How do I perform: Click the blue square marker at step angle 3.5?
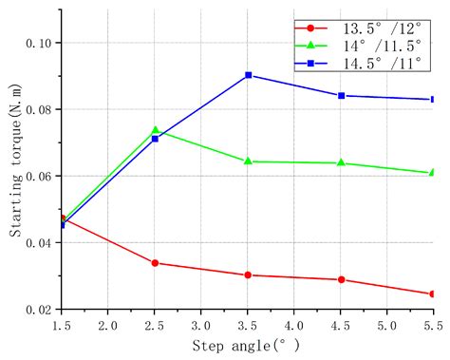pos(248,75)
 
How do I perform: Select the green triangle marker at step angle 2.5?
pos(155,130)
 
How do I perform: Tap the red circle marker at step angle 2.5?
pos(155,263)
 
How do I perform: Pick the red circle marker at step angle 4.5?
pos(341,280)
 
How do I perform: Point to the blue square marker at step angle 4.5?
pos(341,96)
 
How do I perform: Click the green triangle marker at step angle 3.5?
pos(248,161)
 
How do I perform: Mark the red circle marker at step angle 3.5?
pos(248,275)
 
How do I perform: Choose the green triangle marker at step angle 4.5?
pos(341,162)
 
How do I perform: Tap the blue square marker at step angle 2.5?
pos(155,139)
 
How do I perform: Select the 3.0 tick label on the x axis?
pos(201,325)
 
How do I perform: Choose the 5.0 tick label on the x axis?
pos(387,325)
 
